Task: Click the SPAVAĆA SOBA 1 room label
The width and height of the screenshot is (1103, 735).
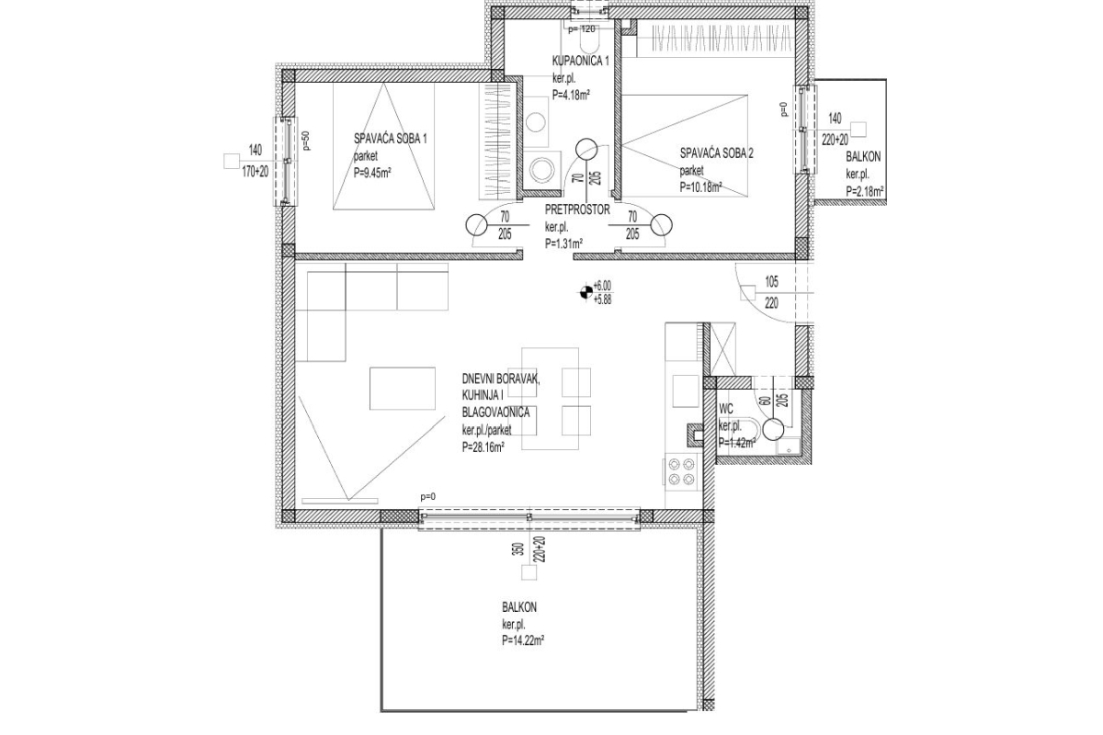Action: [391, 139]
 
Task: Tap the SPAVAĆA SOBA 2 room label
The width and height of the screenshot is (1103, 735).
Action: [717, 153]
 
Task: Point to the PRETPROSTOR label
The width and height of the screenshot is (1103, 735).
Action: [577, 209]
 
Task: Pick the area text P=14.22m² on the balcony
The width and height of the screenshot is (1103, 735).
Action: [523, 641]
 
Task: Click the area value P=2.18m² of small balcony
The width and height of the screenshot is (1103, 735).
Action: [864, 191]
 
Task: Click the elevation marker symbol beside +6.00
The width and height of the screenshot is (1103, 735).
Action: [583, 292]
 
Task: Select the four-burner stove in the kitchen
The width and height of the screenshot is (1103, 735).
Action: [682, 471]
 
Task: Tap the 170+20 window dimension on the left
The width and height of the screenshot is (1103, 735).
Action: [256, 172]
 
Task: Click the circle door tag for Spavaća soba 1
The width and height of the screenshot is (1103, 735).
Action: [477, 224]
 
